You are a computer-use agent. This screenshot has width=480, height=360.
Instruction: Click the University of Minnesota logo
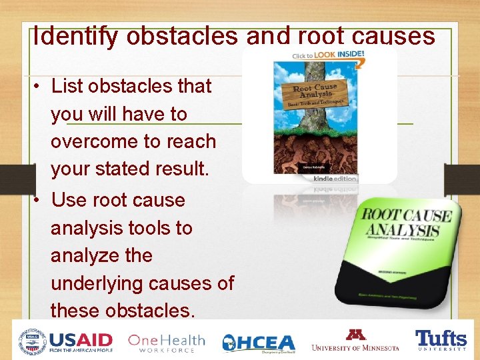point(355,340)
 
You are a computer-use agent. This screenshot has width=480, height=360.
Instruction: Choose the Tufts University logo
point(441,340)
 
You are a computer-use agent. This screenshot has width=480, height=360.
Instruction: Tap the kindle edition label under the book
point(336,179)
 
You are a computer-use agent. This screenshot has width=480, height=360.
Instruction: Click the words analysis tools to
point(121,228)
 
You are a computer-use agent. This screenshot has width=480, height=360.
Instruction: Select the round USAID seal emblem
point(33,341)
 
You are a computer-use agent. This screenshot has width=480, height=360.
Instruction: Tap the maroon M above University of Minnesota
point(354,334)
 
